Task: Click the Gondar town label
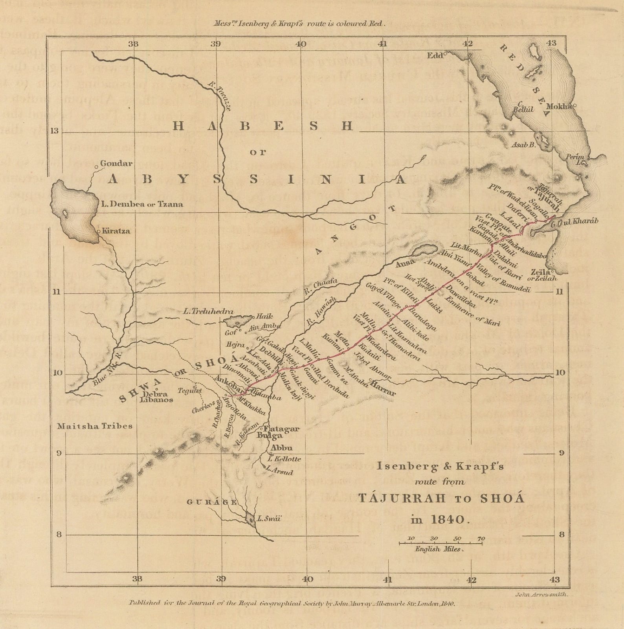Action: [x=116, y=163]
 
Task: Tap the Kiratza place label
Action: [x=116, y=231]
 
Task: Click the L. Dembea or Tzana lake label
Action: [x=141, y=204]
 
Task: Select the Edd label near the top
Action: [x=435, y=55]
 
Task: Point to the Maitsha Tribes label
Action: [x=95, y=426]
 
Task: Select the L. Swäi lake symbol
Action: [x=250, y=519]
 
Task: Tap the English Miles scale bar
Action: [x=441, y=543]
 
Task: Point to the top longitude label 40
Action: [x=301, y=44]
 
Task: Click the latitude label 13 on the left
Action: [x=55, y=131]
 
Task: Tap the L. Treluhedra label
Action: [x=203, y=312]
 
